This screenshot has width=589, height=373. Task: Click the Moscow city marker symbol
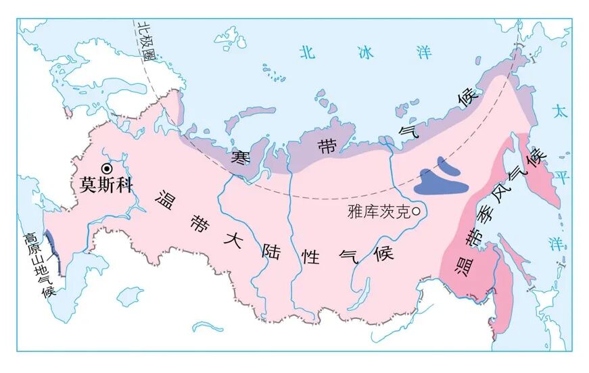(106, 170)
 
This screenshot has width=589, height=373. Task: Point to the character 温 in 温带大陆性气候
(164, 199)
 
